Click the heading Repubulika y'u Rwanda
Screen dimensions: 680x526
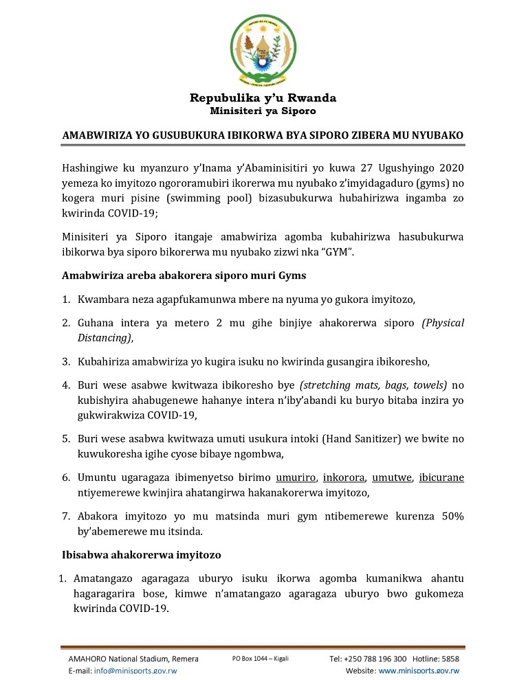[x=263, y=98]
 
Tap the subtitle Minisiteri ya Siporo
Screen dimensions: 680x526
[x=263, y=111]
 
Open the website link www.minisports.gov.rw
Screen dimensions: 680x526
[x=419, y=670]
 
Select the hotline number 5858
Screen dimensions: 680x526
[x=450, y=659]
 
